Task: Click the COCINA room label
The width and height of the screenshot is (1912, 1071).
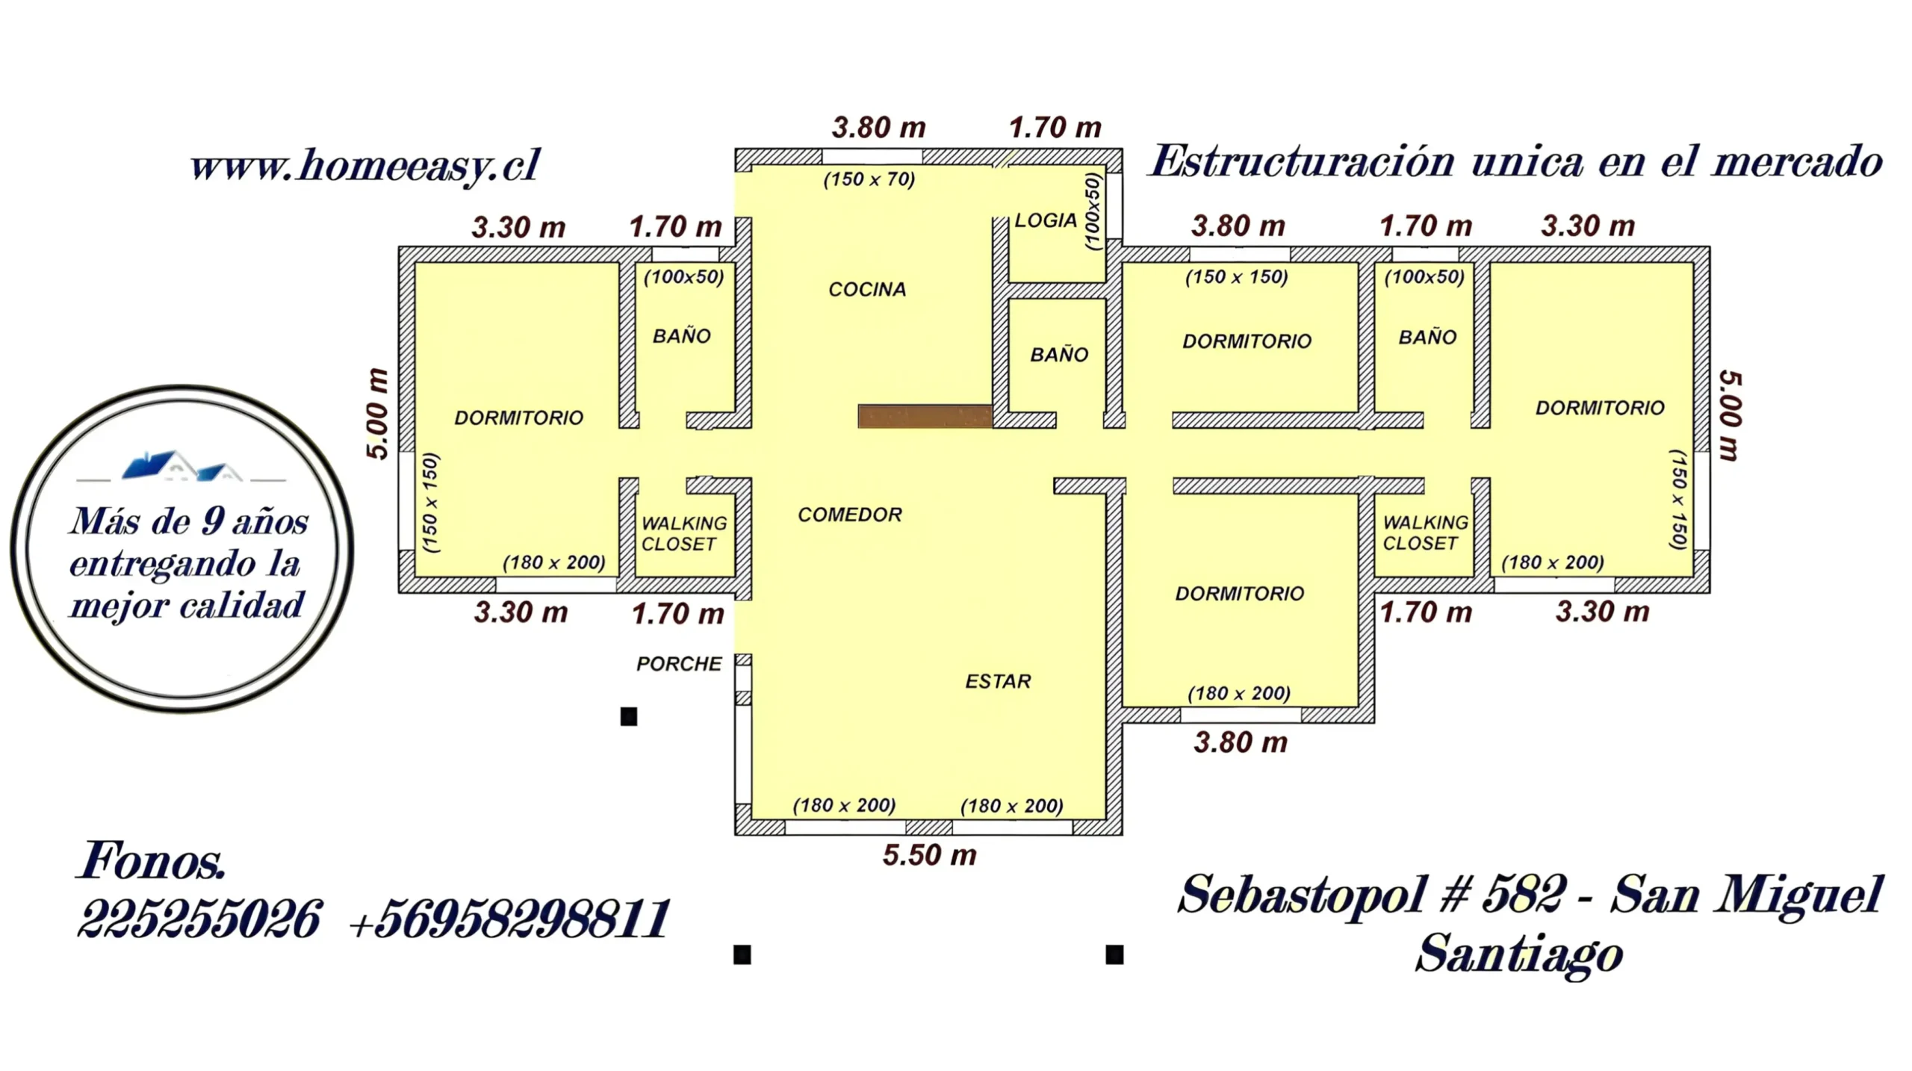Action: (867, 289)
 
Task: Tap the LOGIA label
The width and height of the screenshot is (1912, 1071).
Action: (1046, 220)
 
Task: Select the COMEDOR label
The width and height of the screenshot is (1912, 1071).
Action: (850, 515)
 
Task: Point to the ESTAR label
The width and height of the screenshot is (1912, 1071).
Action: (998, 681)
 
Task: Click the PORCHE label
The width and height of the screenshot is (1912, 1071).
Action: (679, 664)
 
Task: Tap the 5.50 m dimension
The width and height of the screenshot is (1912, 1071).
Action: (930, 855)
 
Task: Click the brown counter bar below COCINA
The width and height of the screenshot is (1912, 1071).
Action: (925, 416)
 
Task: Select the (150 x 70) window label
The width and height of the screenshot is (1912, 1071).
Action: (869, 179)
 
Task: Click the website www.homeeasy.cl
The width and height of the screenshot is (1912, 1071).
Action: (364, 165)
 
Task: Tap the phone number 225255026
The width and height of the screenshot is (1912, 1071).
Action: (199, 919)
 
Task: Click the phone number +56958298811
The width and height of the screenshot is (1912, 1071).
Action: (509, 919)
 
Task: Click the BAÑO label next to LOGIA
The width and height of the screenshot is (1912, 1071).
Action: (1059, 354)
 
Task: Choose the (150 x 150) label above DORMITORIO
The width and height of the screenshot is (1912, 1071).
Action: (1237, 277)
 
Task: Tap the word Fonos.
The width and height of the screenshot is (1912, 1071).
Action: (151, 860)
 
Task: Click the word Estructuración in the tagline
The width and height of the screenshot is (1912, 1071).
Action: (1302, 161)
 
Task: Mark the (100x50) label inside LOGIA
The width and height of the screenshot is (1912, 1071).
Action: (1093, 211)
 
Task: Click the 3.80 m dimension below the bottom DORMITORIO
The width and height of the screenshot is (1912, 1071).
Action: (1241, 742)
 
